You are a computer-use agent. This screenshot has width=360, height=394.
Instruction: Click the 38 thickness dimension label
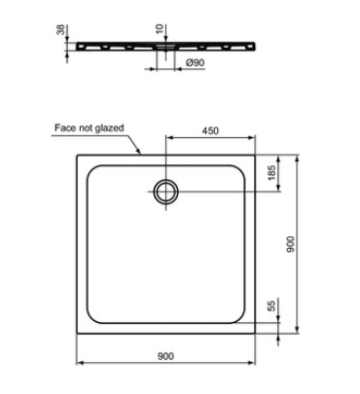coord(61,29)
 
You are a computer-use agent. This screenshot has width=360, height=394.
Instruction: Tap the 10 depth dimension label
coord(160,29)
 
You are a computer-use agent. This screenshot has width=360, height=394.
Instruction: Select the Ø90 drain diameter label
coord(196,62)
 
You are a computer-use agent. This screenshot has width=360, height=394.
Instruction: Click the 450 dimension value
coord(210,130)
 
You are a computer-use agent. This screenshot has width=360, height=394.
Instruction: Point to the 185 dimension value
coord(271,172)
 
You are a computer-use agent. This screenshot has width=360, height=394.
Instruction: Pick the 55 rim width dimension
coord(271,305)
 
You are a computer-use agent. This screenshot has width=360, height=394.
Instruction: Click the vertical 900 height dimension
coord(291,244)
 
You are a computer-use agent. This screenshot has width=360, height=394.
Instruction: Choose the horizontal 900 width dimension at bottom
coord(165,356)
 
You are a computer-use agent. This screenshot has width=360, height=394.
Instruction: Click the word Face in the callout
coord(62,127)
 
